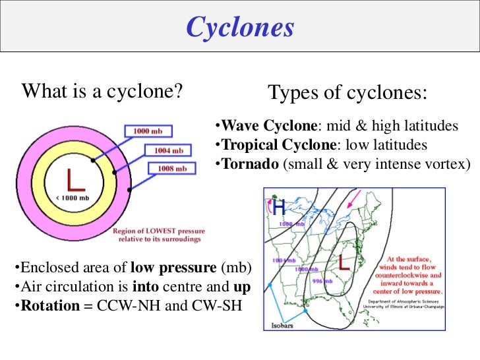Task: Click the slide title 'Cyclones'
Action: (x=239, y=28)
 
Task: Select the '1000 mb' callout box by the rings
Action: (x=148, y=131)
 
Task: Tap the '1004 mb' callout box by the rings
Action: (x=168, y=150)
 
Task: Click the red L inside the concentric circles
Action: (x=73, y=179)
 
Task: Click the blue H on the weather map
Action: (x=279, y=208)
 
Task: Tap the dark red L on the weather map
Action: (x=344, y=263)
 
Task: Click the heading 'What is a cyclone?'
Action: (x=102, y=91)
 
